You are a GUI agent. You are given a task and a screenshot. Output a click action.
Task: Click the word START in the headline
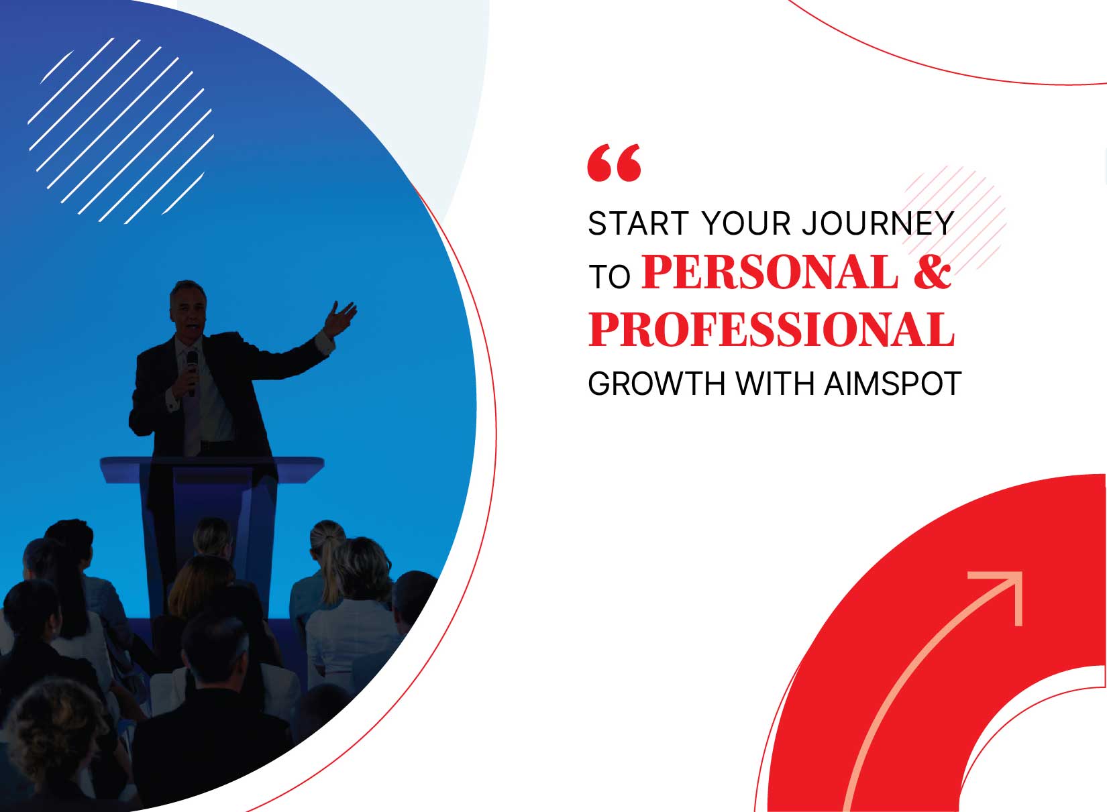click(x=637, y=224)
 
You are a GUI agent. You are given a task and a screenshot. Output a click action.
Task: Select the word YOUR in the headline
click(x=746, y=224)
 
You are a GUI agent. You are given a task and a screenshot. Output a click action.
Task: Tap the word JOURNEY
click(x=878, y=224)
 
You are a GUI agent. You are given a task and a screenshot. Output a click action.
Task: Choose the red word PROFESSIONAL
click(x=772, y=329)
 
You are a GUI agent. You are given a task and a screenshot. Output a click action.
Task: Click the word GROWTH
click(x=656, y=384)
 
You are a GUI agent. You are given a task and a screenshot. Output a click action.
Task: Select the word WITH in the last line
click(x=775, y=384)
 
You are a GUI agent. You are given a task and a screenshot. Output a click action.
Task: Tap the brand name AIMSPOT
click(x=893, y=384)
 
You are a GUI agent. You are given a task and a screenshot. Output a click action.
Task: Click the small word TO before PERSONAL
click(x=609, y=277)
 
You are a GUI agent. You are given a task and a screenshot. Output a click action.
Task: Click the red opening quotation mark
click(x=614, y=163)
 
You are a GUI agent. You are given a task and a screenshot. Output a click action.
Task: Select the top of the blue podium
click(x=213, y=468)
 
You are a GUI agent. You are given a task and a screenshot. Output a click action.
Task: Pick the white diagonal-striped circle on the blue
click(x=121, y=131)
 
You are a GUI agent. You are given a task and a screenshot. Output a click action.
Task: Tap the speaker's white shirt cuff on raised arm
click(x=324, y=343)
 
